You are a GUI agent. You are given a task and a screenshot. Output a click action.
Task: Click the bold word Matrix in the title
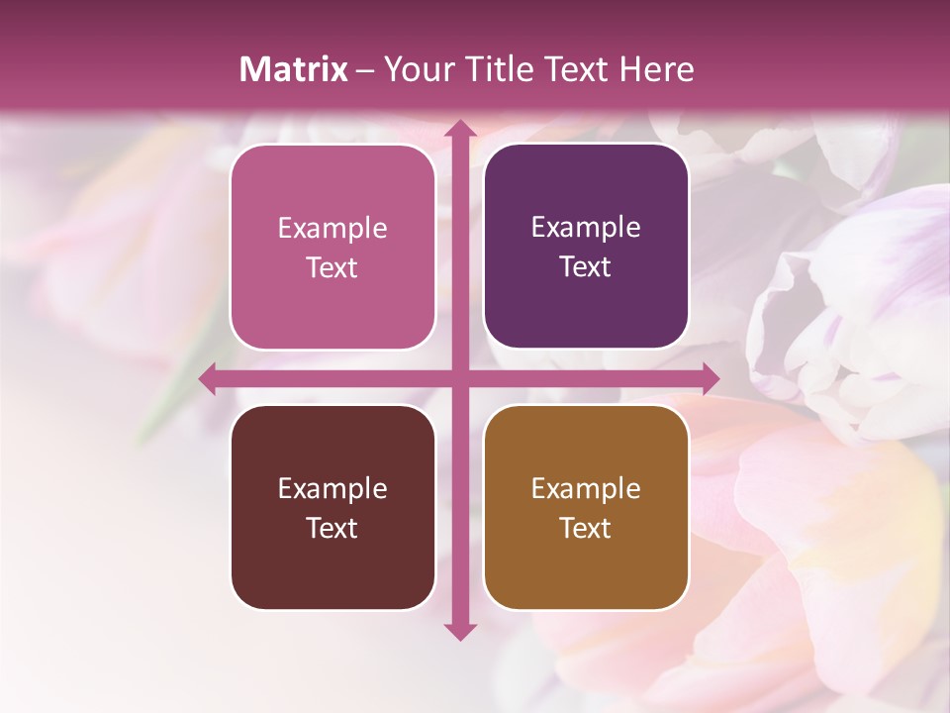click(x=294, y=69)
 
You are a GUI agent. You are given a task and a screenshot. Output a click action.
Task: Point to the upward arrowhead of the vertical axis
click(x=459, y=130)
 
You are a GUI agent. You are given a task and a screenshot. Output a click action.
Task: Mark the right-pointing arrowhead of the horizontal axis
click(x=710, y=378)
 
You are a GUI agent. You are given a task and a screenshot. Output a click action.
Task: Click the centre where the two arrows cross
click(x=459, y=378)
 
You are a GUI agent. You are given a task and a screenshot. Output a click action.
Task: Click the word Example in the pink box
click(x=332, y=229)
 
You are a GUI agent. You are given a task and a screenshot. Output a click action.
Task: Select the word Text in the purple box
click(x=586, y=267)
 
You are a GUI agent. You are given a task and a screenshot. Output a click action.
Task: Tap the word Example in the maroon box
click(x=332, y=489)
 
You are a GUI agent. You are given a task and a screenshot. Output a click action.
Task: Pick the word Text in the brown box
click(x=586, y=528)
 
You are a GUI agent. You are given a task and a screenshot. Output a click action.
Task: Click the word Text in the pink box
click(x=332, y=268)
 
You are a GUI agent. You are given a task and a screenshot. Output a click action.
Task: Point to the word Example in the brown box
click(x=586, y=489)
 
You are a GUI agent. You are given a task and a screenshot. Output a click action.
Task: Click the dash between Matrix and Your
click(x=365, y=70)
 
